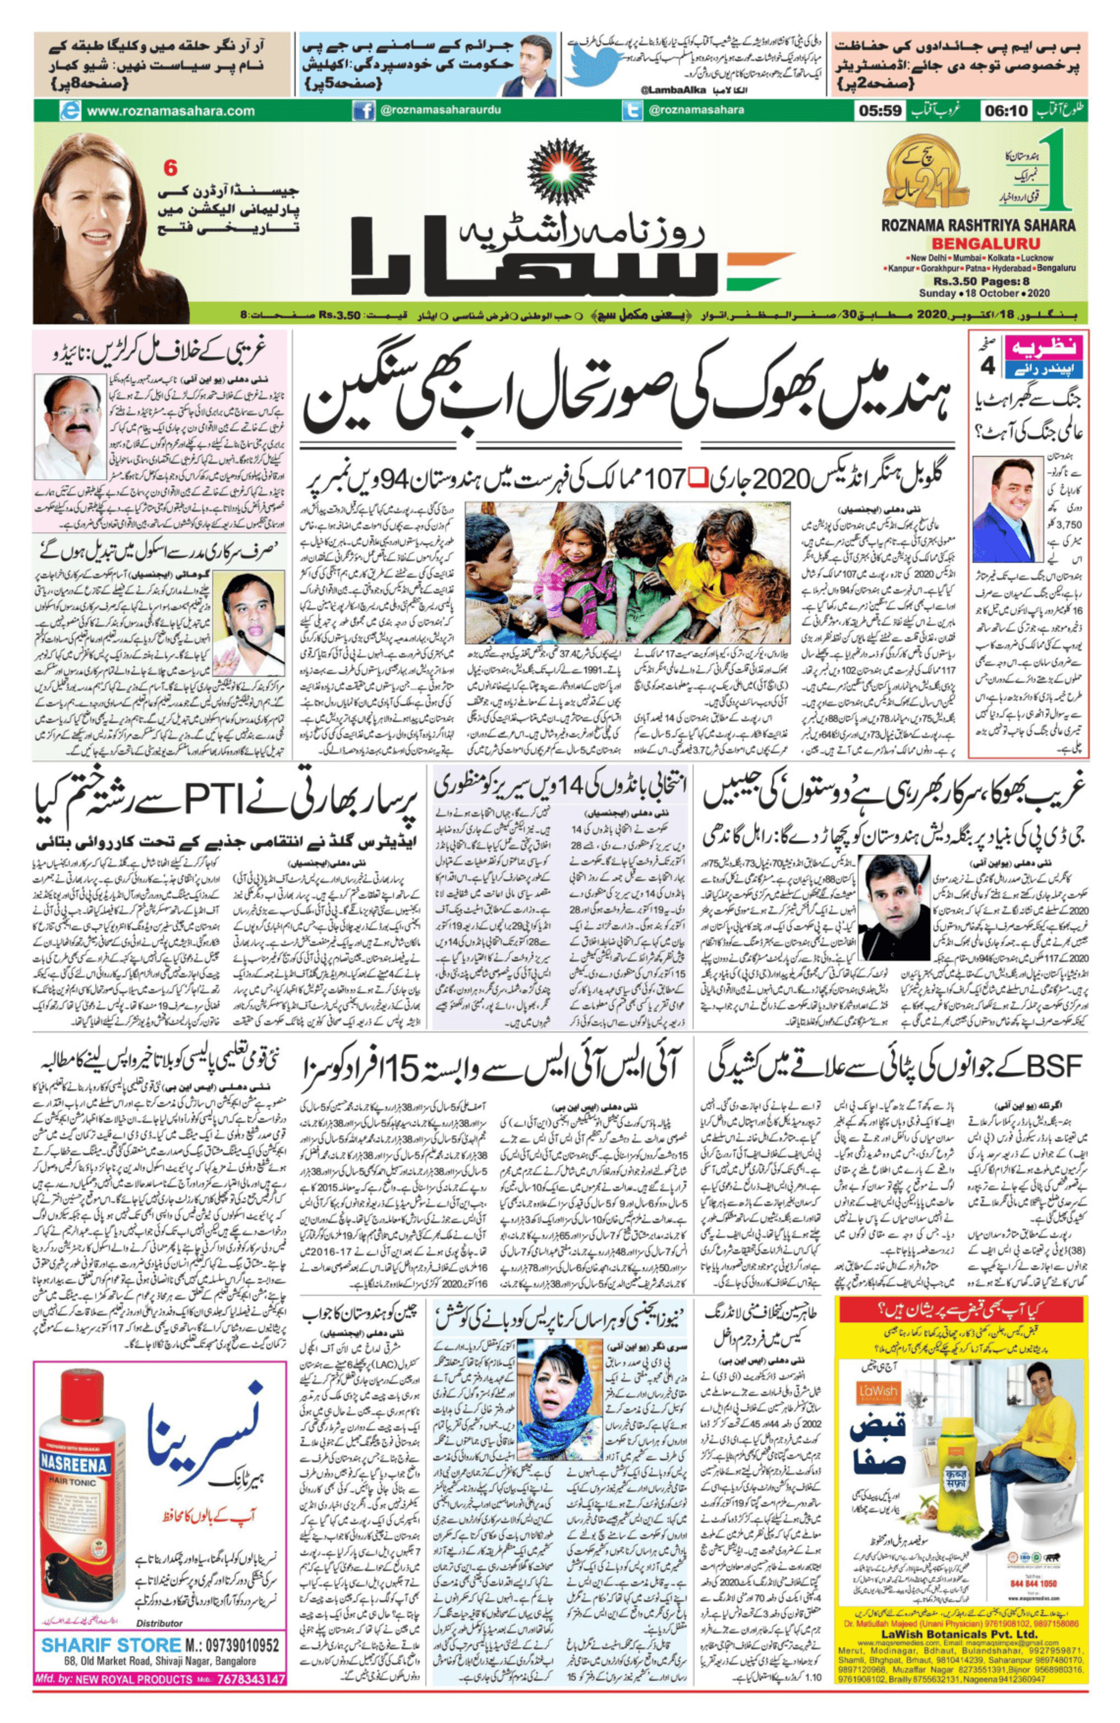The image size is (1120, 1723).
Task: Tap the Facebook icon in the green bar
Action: click(363, 111)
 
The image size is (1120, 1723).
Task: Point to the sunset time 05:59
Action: click(879, 111)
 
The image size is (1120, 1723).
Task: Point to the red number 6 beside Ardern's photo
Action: click(171, 168)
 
